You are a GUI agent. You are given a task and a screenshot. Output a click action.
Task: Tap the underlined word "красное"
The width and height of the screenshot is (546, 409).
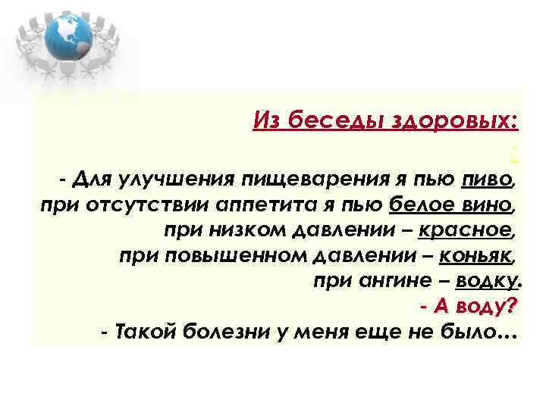click(x=475, y=229)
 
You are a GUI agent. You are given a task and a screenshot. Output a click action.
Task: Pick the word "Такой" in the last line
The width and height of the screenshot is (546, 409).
click(x=142, y=331)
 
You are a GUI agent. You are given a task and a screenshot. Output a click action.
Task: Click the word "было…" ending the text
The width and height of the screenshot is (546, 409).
click(x=488, y=331)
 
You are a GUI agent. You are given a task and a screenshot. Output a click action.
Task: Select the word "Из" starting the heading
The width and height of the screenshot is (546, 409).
click(x=266, y=120)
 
